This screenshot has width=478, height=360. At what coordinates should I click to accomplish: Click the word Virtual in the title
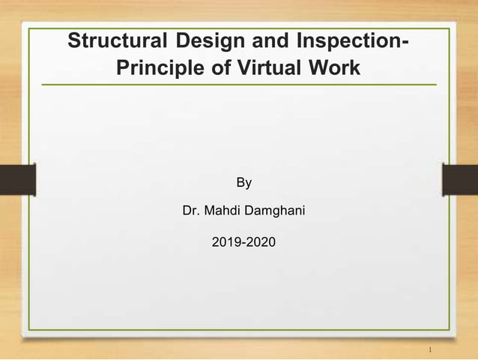(x=261, y=68)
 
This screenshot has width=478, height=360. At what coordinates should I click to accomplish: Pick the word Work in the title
(x=333, y=68)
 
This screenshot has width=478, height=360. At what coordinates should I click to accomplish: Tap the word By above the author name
(x=244, y=182)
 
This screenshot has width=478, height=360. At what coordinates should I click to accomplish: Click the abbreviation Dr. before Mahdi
(x=192, y=212)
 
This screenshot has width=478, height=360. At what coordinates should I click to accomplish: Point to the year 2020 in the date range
(x=262, y=242)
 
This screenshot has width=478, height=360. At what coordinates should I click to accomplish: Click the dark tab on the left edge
(x=17, y=180)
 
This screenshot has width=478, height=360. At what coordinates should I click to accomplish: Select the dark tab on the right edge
(x=460, y=180)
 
